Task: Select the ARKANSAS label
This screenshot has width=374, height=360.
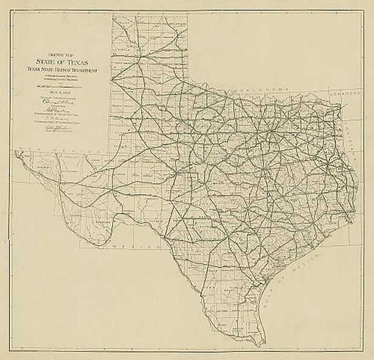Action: coord(345,95)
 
